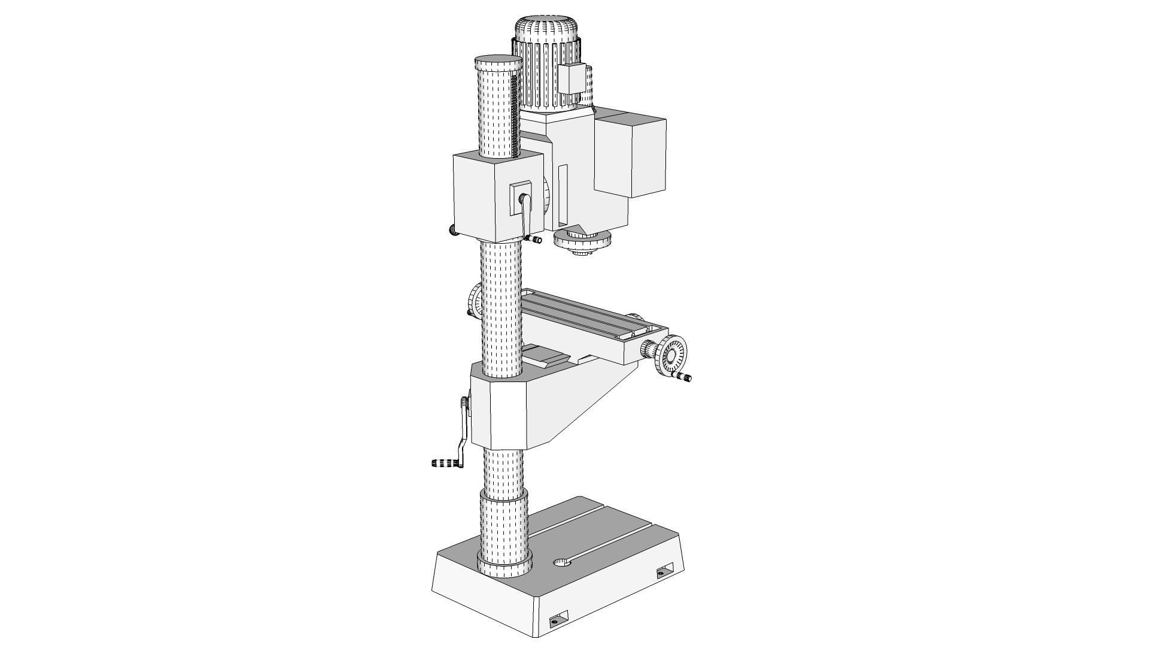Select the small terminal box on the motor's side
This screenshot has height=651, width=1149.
click(x=571, y=78)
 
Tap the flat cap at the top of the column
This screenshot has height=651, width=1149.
click(x=498, y=62)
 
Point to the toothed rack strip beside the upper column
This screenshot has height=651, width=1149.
click(x=514, y=120)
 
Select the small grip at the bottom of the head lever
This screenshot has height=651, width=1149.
click(x=534, y=240)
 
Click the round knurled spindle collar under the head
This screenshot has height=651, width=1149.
click(x=582, y=242)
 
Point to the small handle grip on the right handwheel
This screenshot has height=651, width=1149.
click(x=684, y=377)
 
